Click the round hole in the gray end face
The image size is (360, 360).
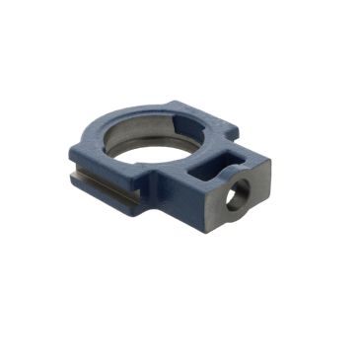[x=237, y=197]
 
